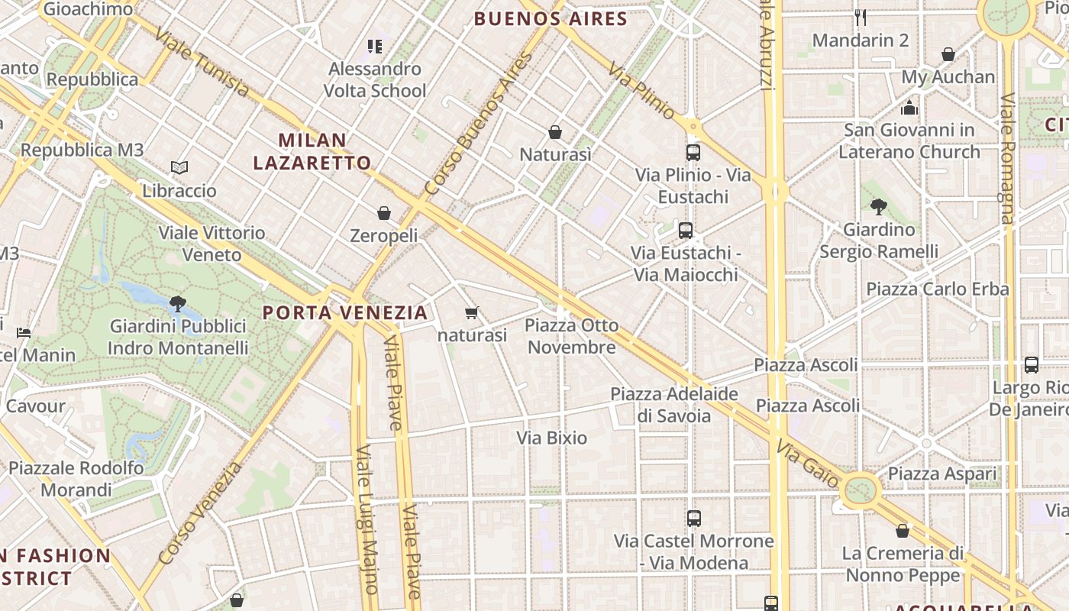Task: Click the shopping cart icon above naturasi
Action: pos(472,312)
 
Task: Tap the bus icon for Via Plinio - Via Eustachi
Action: pos(693,153)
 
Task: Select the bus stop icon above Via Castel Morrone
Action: pos(693,519)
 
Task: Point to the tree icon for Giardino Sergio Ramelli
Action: pos(878,206)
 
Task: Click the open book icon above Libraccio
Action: pos(179,167)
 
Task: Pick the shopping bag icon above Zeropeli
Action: pos(384,213)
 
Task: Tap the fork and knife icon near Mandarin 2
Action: pos(861,18)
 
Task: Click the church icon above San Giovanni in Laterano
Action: pos(909,108)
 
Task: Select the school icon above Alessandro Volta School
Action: pos(374,47)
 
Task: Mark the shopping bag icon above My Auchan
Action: pos(948,54)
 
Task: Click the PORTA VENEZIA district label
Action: pos(345,312)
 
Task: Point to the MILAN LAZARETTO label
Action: pos(312,151)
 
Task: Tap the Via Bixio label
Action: pos(552,438)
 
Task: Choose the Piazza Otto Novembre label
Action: pos(572,337)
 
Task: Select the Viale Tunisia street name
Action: pos(201,63)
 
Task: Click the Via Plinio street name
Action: pos(642,91)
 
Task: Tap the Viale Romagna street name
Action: pos(1008,159)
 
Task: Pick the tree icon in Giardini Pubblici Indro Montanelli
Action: pos(178,304)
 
